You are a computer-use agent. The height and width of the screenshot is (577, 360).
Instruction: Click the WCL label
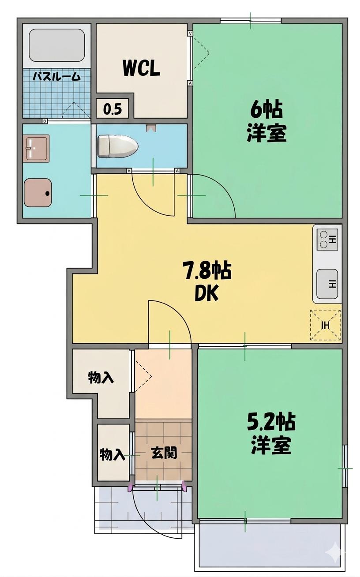tap(141, 68)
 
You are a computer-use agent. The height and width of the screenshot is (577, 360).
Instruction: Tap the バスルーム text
tap(57, 76)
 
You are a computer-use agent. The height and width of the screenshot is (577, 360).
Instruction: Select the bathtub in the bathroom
tap(56, 46)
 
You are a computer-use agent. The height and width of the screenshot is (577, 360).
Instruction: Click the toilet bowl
tap(117, 146)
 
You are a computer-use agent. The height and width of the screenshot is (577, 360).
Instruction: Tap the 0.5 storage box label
tap(112, 109)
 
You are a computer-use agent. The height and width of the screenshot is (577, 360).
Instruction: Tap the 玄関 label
tap(164, 453)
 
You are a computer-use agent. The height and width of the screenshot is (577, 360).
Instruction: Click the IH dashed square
tap(326, 326)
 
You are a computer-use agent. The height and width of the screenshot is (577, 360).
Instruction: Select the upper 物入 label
tap(101, 378)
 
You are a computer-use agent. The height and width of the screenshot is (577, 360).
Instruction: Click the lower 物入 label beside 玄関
tap(112, 454)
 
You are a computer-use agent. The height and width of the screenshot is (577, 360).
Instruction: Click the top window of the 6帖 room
tap(251, 20)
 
